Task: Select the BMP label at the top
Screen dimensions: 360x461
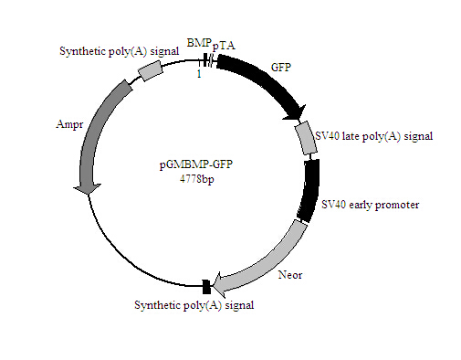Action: click(198, 44)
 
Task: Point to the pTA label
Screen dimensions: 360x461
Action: click(223, 46)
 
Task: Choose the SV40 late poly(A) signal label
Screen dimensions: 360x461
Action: click(372, 137)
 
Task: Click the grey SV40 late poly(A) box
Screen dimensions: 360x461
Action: click(305, 138)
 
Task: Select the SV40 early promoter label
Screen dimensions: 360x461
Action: click(370, 206)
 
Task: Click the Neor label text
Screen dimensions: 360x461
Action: click(286, 273)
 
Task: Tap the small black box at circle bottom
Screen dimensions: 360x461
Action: click(206, 287)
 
